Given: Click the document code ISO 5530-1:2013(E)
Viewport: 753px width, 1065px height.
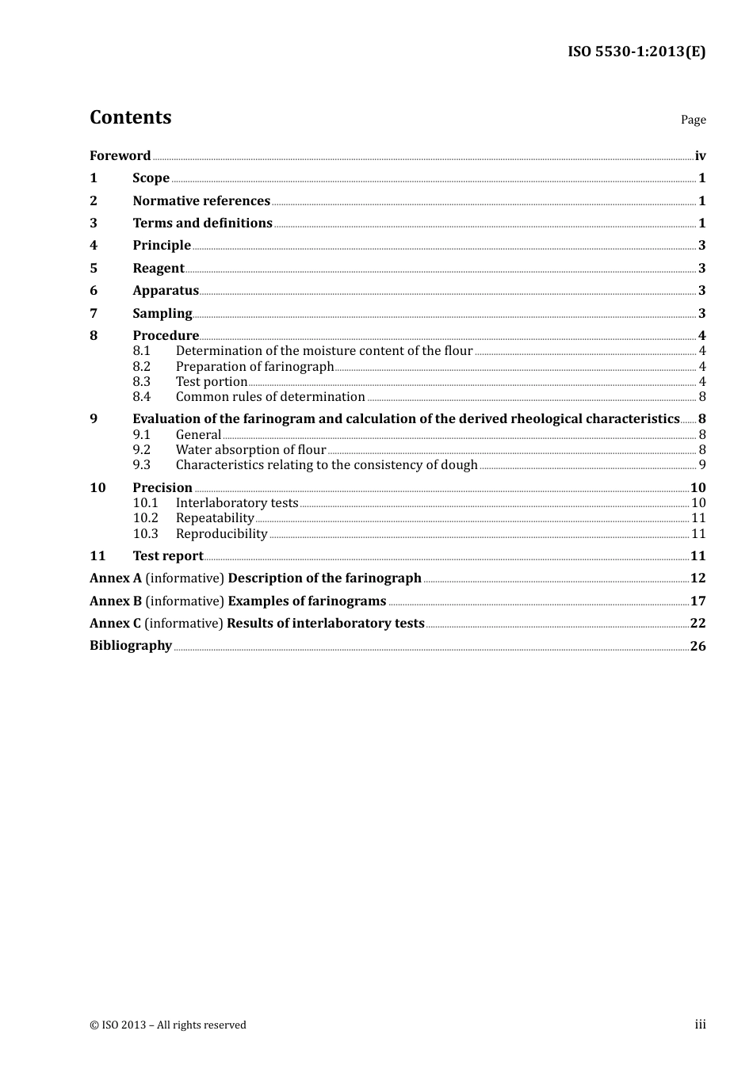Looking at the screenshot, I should pyautogui.click(x=636, y=52).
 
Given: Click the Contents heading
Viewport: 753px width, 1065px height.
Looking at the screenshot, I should pyautogui.click(x=130, y=117).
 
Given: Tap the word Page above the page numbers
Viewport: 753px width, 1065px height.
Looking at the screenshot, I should pyautogui.click(x=693, y=120).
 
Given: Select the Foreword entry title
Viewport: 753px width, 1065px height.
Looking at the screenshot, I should pyautogui.click(x=120, y=155).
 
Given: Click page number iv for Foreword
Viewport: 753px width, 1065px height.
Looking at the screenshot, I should pyautogui.click(x=700, y=155).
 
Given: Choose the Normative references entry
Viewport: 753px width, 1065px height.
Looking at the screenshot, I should pyautogui.click(x=201, y=200).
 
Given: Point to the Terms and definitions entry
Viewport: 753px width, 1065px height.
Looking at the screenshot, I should pyautogui.click(x=202, y=223).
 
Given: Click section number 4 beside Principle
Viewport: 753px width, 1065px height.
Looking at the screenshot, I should pyautogui.click(x=94, y=245).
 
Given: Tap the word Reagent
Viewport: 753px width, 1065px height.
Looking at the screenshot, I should pyautogui.click(x=159, y=268).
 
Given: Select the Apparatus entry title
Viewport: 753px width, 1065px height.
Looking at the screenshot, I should pyautogui.click(x=166, y=290).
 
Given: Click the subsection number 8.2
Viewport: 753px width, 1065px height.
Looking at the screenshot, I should pyautogui.click(x=142, y=366).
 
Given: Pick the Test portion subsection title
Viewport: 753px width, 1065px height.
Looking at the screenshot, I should pyautogui.click(x=212, y=381).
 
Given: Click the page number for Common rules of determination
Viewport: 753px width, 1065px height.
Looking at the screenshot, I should pyautogui.click(x=701, y=396).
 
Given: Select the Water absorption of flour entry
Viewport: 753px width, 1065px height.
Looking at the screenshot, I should pyautogui.click(x=250, y=449).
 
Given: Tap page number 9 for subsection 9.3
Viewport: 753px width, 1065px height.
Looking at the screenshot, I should pyautogui.click(x=701, y=464).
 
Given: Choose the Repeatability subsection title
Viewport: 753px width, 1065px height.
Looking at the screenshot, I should pyautogui.click(x=215, y=517).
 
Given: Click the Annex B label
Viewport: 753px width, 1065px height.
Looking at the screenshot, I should pyautogui.click(x=116, y=601).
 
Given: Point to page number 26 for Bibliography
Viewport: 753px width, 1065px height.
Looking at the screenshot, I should pyautogui.click(x=698, y=645).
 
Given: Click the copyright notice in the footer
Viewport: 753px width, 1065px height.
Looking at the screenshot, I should pyautogui.click(x=168, y=1025).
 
